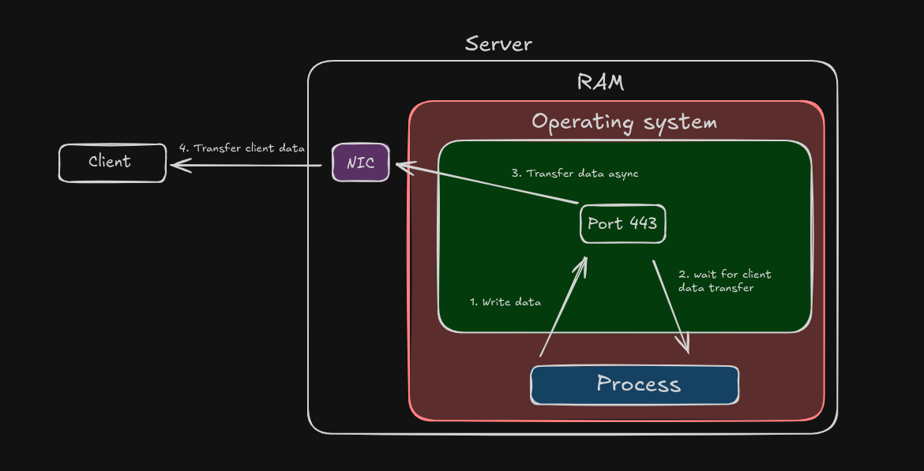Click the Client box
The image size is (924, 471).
112,163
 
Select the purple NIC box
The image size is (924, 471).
361,163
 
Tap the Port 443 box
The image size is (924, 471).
622,224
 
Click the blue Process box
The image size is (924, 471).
635,385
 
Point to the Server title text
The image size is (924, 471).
498,44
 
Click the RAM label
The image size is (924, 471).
601,82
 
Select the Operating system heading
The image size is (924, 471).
624,122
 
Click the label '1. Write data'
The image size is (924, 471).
505,302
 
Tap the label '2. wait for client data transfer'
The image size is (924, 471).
724,281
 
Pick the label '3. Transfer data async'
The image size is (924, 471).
575,174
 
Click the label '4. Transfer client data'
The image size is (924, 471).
242,148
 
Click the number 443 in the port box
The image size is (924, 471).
643,223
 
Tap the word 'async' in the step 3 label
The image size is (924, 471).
621,174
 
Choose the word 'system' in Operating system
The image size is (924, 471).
680,123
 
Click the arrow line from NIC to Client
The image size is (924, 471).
253,165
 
